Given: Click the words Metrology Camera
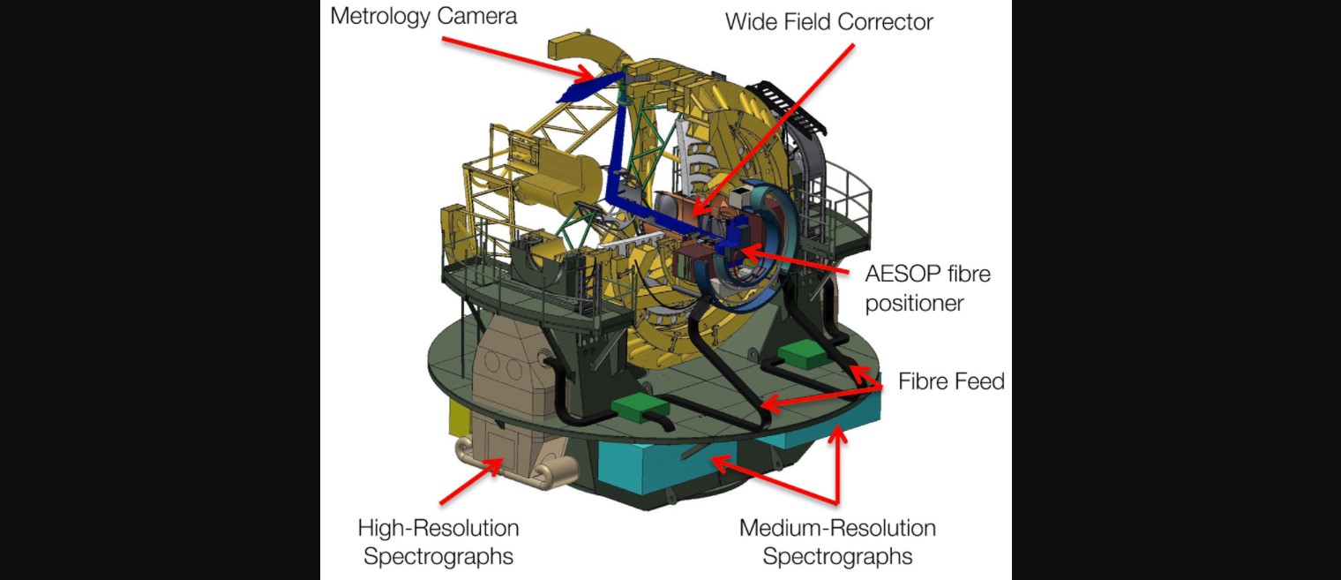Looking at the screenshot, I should click(423, 17).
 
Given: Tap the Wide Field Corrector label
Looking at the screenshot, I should click(828, 22).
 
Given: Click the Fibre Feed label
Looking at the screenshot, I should click(951, 381).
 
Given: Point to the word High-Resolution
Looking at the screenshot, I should click(438, 529).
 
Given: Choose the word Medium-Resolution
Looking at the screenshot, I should click(837, 529).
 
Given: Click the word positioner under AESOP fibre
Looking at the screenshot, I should click(914, 304).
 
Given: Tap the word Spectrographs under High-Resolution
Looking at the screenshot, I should click(438, 557).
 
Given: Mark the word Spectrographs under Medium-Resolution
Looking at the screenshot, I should click(837, 557).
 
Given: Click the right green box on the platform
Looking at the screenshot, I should click(805, 353).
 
